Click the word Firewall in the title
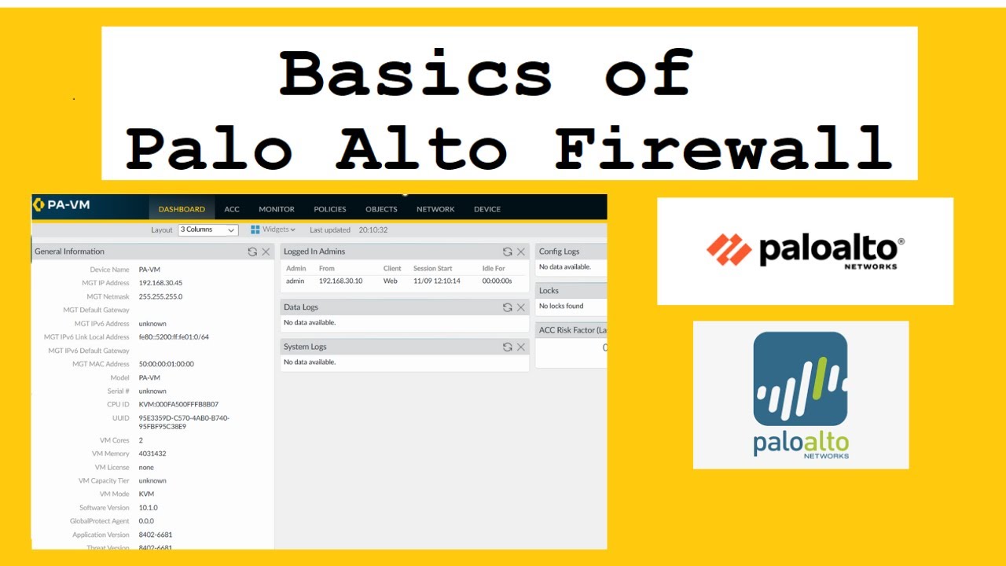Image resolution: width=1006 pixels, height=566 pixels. [x=723, y=149]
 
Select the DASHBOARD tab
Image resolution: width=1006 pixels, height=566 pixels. [x=182, y=209]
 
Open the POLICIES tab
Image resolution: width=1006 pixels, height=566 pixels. [x=330, y=209]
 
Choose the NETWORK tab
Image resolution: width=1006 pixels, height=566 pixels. [x=435, y=209]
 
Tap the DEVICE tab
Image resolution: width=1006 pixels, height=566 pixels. [x=487, y=209]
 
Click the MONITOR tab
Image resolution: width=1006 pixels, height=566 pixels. [x=277, y=209]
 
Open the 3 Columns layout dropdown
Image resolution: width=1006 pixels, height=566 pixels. [x=208, y=230]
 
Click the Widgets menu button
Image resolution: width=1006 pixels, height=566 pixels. [x=273, y=230]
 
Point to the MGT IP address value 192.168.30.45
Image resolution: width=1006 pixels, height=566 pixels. [x=160, y=283]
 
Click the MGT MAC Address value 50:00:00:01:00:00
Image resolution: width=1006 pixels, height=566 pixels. [x=166, y=364]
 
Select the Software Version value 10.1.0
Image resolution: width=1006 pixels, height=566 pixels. [x=149, y=508]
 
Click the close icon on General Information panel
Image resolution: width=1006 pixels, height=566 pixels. [x=266, y=252]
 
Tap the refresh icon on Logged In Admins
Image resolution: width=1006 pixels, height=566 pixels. [x=508, y=252]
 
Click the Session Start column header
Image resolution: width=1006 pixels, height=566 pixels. [x=433, y=269]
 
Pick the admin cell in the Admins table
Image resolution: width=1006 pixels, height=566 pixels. [x=296, y=281]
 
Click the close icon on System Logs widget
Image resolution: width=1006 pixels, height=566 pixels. [x=520, y=347]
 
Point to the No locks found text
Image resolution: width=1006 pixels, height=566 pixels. [x=561, y=306]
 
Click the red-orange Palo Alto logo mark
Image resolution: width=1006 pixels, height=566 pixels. [x=729, y=249]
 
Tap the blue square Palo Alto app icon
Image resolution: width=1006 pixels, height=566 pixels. [x=800, y=379]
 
